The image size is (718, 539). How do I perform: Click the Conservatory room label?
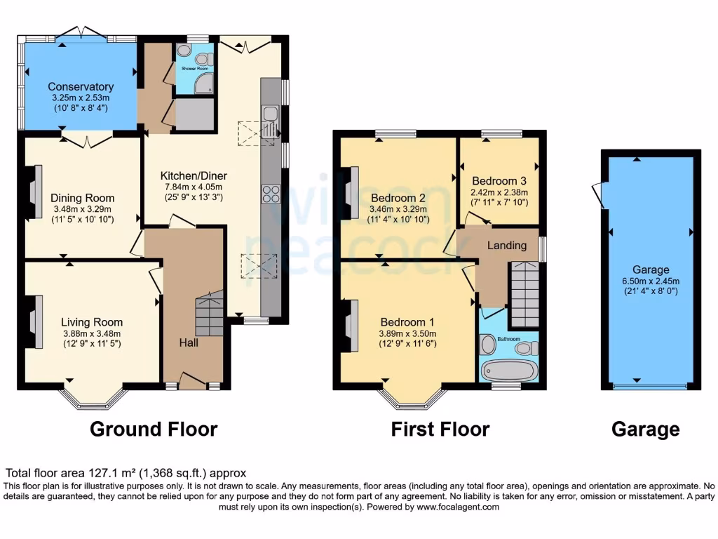[81, 87]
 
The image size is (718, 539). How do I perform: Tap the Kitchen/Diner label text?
[194, 175]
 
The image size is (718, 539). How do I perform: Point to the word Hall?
[188, 342]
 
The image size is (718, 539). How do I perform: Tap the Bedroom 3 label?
[499, 180]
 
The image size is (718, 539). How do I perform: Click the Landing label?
[507, 245]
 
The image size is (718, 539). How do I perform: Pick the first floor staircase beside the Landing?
[524, 293]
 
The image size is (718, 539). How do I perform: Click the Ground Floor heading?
[154, 429]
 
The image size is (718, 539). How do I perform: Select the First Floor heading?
[440, 429]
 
